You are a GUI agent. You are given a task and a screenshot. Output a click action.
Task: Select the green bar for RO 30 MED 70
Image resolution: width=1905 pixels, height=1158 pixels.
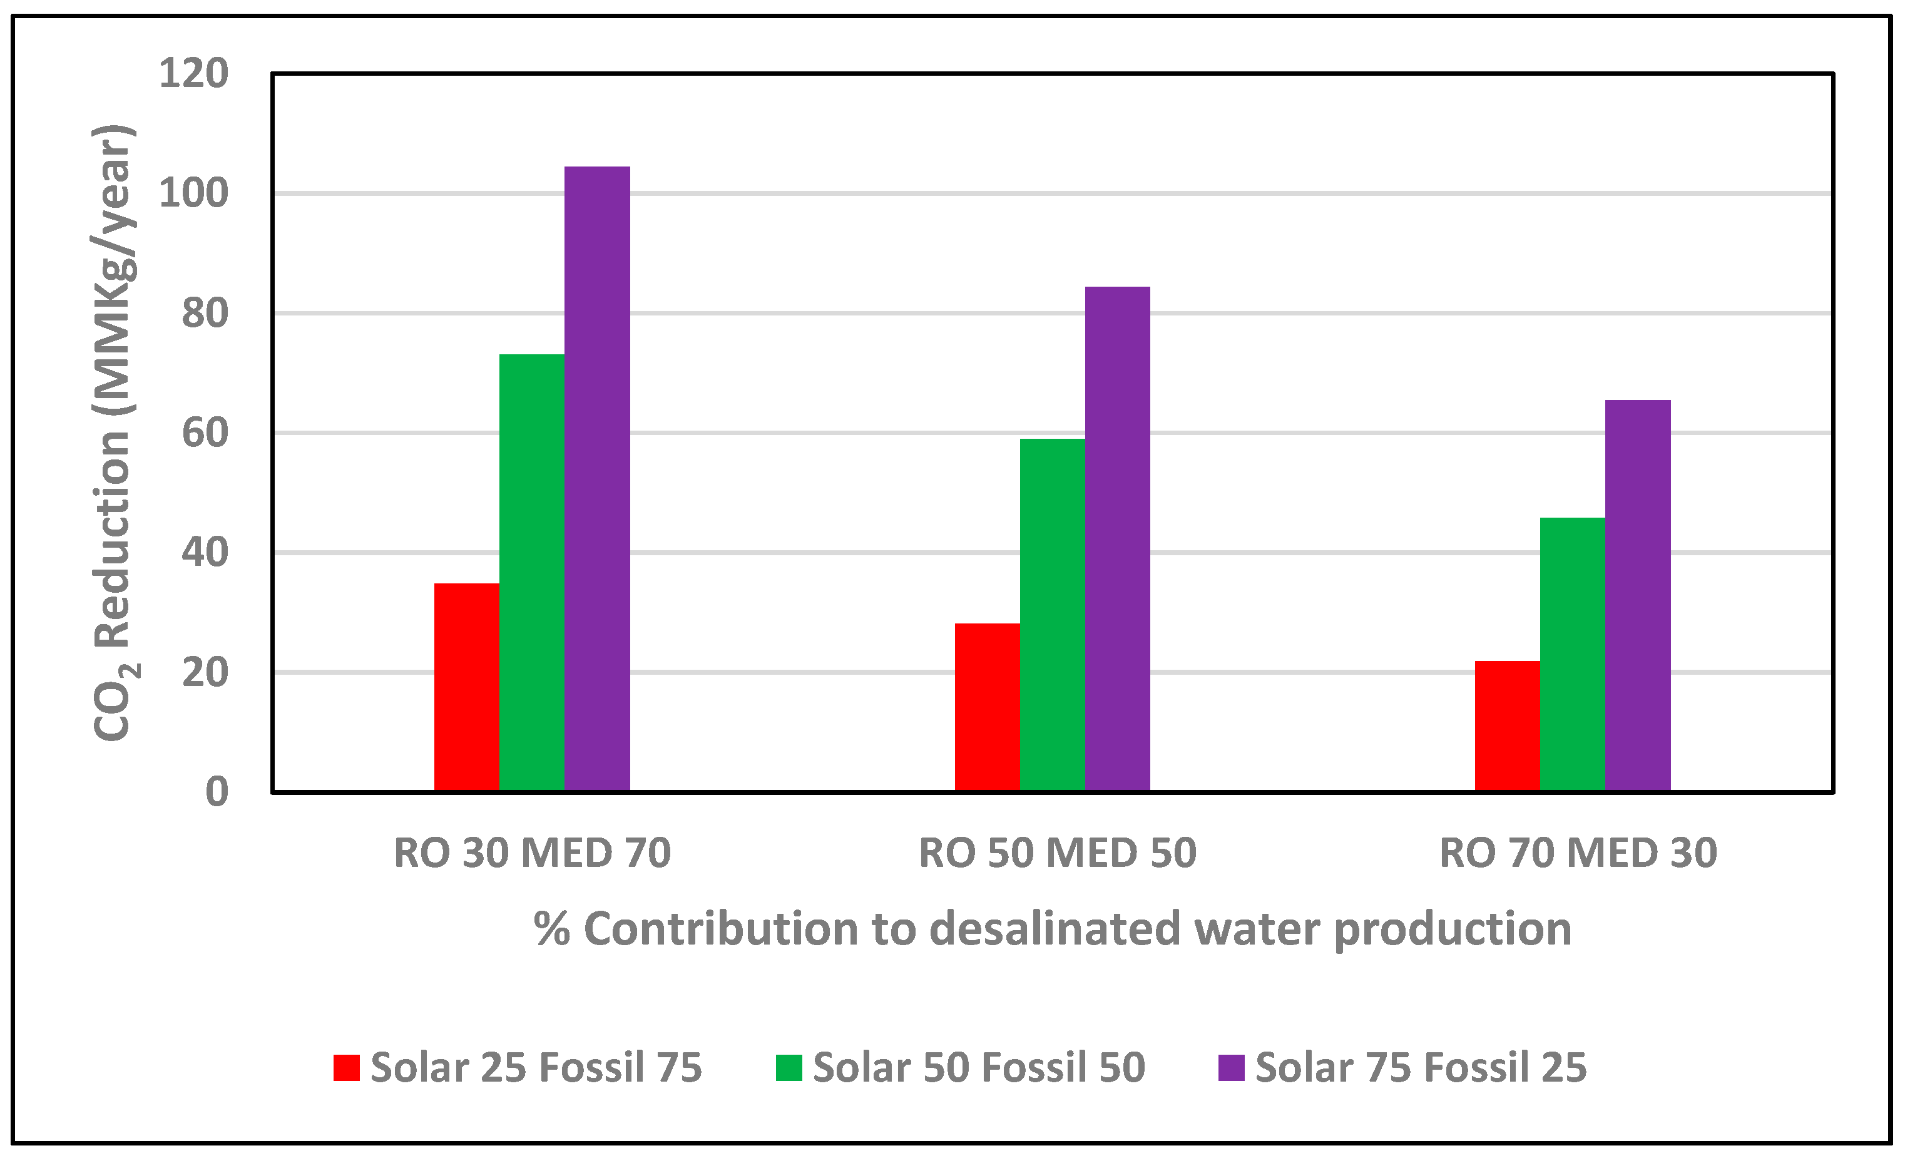pyautogui.click(x=532, y=572)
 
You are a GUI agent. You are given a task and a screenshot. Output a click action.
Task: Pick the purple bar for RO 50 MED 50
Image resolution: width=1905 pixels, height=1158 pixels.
pyautogui.click(x=1117, y=538)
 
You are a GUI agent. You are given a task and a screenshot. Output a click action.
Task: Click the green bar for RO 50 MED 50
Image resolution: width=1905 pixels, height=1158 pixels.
pyautogui.click(x=1052, y=615)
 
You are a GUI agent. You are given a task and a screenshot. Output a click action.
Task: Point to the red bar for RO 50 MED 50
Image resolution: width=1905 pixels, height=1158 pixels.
pyautogui.click(x=988, y=707)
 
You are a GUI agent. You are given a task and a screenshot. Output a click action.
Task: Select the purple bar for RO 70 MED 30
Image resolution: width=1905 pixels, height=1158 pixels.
pyautogui.click(x=1638, y=595)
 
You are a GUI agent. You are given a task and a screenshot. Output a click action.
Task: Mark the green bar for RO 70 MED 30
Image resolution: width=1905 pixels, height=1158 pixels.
pyautogui.click(x=1573, y=654)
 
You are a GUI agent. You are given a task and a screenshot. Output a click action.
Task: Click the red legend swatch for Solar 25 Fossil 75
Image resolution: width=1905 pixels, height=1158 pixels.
pyautogui.click(x=346, y=1068)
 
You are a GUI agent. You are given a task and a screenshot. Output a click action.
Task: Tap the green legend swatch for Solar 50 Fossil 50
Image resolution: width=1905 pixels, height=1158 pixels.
pyautogui.click(x=789, y=1068)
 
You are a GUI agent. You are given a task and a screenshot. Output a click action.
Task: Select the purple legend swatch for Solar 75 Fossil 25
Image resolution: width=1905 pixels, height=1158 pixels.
pyautogui.click(x=1231, y=1068)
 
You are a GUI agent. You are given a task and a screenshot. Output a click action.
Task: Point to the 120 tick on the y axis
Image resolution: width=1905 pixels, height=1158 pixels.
pyautogui.click(x=193, y=74)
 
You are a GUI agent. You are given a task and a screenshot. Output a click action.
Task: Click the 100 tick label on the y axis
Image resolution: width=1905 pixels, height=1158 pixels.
pyautogui.click(x=193, y=193)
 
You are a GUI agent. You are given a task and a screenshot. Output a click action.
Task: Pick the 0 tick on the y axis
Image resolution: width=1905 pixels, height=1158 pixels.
pyautogui.click(x=217, y=792)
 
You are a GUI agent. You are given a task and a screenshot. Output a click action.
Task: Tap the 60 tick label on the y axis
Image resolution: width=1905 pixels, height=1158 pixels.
pyautogui.click(x=205, y=433)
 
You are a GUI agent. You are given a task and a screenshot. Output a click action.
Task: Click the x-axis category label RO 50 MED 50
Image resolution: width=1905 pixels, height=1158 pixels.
pyautogui.click(x=1057, y=853)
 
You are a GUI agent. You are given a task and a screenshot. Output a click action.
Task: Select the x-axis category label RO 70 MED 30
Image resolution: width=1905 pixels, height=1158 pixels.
pyautogui.click(x=1578, y=853)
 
